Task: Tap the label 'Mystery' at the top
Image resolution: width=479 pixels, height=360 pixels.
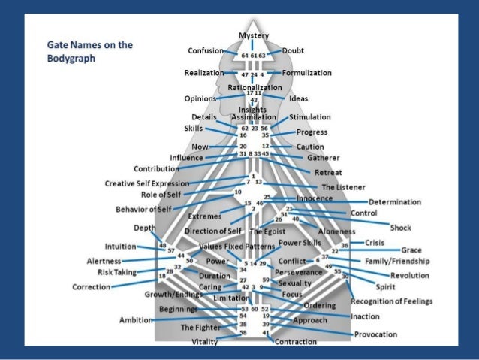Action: pos(254,36)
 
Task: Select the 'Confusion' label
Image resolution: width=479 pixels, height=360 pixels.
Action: pos(206,50)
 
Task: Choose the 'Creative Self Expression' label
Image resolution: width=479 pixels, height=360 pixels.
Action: pos(147,183)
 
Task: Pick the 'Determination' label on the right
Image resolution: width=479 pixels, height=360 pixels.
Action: pos(395,201)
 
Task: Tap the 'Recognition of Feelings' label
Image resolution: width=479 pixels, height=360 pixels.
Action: pos(392,301)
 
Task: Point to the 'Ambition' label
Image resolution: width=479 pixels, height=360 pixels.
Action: pos(136,320)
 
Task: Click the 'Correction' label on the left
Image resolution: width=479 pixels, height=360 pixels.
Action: pos(92,286)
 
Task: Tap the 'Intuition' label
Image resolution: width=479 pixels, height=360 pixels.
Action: pos(120,246)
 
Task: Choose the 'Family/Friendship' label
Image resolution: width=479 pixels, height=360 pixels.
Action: pos(397,261)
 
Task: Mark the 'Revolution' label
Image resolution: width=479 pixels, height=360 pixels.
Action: pos(405,275)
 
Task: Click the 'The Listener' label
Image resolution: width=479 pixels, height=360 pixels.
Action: pos(342,186)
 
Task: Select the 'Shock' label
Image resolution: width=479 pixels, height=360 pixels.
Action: pos(401,226)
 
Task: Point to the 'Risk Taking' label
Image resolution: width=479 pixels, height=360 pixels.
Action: pos(115,271)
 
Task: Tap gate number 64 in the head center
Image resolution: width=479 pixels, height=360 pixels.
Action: pos(245,56)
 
